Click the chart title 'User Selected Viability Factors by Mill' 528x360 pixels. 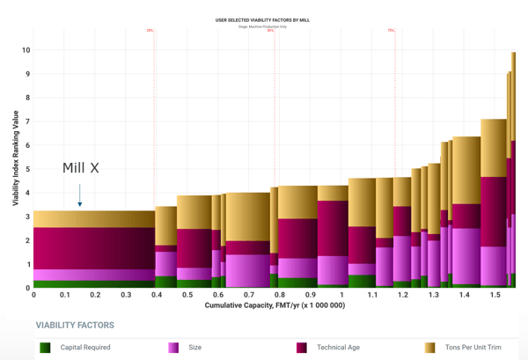262,19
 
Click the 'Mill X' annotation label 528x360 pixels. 80,168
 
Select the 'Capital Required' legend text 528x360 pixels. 85,348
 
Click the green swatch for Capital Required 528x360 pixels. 45,348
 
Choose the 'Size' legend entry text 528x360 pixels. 195,348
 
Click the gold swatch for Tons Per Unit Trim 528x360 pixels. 430,348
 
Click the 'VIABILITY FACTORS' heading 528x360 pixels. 75,325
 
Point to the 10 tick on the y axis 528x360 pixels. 26,50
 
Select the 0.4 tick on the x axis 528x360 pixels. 156,295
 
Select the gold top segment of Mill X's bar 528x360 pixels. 94,219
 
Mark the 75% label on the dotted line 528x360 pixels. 391,30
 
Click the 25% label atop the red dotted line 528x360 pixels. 150,30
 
